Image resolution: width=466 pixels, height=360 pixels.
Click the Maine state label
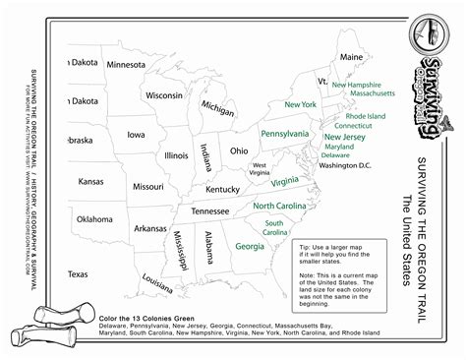coord(351,57)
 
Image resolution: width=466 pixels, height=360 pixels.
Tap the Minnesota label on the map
coord(126,65)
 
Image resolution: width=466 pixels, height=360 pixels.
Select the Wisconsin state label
coord(163,95)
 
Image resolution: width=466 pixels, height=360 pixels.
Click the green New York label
coord(300,103)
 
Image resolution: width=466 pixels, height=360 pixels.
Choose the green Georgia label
coord(250,246)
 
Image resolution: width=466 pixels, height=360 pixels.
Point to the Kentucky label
coord(223,188)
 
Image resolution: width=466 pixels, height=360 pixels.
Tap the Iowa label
coord(136,135)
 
